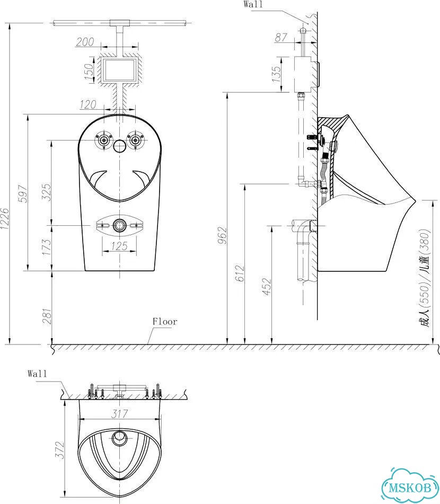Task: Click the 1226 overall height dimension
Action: tap(5, 218)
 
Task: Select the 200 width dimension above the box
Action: tap(85, 42)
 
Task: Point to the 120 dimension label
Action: tap(88, 104)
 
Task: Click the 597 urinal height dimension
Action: tap(23, 193)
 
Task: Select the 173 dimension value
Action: tap(46, 247)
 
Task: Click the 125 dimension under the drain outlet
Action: tap(120, 246)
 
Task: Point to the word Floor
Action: tap(165, 322)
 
